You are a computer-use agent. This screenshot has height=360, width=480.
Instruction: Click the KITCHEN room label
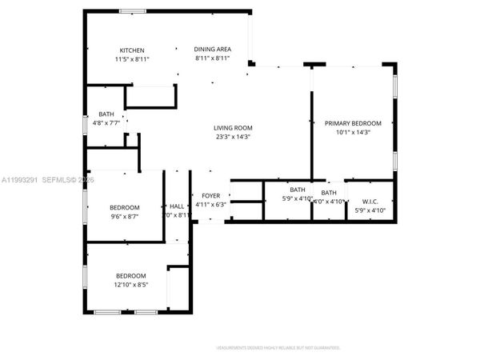(x=132, y=50)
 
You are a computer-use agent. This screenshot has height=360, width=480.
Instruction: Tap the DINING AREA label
(x=212, y=50)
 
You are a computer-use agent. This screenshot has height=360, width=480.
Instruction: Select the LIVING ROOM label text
(x=233, y=128)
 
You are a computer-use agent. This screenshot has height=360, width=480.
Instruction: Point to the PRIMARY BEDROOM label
(x=353, y=123)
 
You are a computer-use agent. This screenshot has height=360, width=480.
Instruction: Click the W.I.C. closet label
(x=370, y=202)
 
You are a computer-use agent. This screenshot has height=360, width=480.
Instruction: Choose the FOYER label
(x=210, y=195)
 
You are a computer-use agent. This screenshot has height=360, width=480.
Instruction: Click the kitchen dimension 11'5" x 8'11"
(x=132, y=59)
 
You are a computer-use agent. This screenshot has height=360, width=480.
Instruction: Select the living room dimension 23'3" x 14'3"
(x=233, y=137)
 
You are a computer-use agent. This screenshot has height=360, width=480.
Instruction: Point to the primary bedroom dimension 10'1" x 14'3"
(x=353, y=132)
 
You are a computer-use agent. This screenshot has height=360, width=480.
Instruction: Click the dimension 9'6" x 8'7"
(x=125, y=216)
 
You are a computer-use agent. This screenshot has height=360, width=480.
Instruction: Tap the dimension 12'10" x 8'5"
(x=130, y=283)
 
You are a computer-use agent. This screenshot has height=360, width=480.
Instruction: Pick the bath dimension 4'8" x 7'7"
(x=106, y=123)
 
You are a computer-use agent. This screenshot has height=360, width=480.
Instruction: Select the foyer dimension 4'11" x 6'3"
(x=210, y=204)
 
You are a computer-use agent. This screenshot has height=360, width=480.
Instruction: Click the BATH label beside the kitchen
(x=106, y=114)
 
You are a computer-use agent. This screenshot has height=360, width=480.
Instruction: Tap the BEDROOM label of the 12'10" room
(x=130, y=274)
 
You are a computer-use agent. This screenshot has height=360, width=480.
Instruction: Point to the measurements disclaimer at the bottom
(x=278, y=348)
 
